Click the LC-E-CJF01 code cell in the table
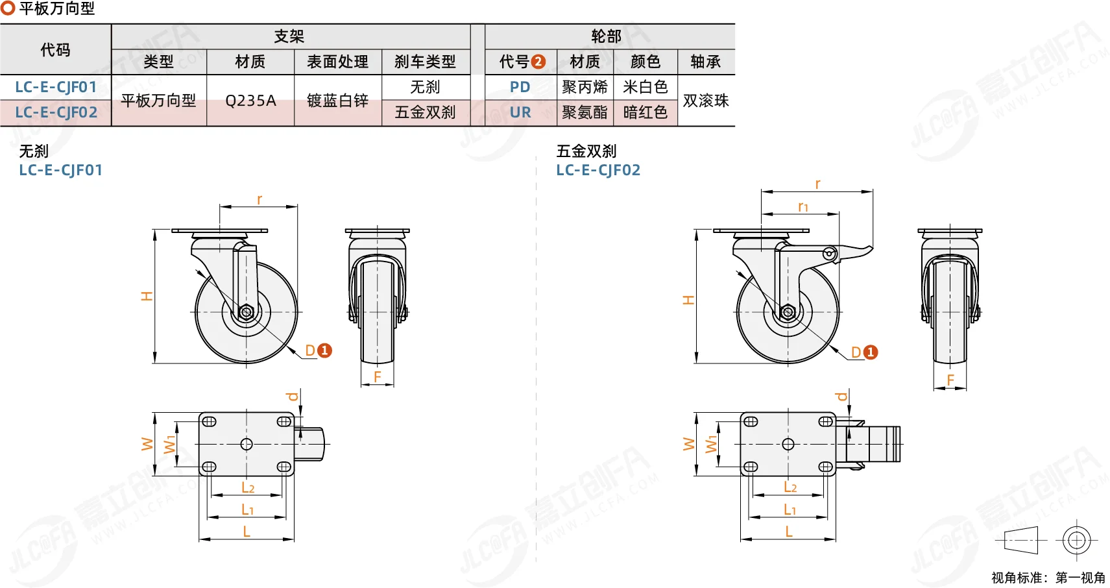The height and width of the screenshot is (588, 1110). tap(56, 87)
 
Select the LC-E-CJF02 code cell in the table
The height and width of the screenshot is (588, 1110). tap(56, 112)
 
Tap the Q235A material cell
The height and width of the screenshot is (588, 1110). tap(250, 101)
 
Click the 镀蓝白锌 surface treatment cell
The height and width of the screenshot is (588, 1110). tap(337, 101)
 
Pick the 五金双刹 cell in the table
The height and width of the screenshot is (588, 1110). tap(425, 112)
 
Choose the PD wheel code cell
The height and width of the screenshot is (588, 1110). tap(520, 87)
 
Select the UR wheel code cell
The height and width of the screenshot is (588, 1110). tap(520, 112)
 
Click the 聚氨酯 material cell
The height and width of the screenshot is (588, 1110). tap(585, 112)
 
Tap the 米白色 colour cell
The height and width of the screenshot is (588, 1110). tap(645, 87)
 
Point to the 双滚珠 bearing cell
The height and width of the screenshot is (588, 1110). tap(706, 101)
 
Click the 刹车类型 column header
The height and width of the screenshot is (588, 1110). tap(425, 62)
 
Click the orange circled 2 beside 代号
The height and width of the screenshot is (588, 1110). tap(538, 62)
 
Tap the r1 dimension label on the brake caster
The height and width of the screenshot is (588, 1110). tap(802, 206)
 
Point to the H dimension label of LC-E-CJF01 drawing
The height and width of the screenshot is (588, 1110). tap(147, 296)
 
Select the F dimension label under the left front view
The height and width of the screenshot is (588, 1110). tap(377, 377)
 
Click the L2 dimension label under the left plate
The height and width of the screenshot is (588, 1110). tap(248, 488)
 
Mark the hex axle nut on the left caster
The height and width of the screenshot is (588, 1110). tap(247, 312)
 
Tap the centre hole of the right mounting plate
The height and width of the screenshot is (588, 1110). tap(788, 444)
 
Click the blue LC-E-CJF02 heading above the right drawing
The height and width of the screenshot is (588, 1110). tap(598, 170)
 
